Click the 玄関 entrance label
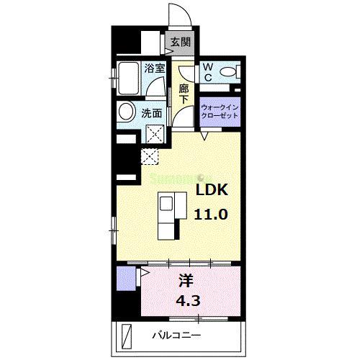pos(180,42)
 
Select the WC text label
pos(207,72)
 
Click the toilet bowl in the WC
pos(228,71)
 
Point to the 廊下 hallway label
pos(184,94)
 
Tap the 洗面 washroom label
pos(151,113)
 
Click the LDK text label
pos(212,191)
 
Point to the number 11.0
pos(212,214)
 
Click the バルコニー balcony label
pos(176,336)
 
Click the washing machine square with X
pos(153,132)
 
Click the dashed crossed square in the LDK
pos(150,154)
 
